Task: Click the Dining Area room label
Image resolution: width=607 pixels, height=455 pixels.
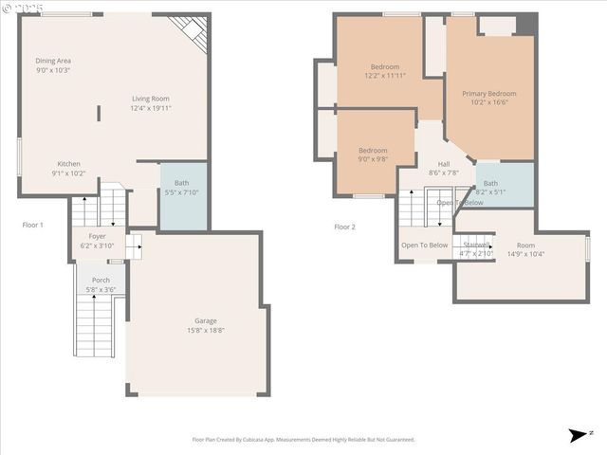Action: pos(53,61)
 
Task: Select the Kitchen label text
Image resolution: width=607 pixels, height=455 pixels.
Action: pos(68,163)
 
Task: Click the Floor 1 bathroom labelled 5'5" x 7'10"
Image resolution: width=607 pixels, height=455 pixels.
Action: pos(181,183)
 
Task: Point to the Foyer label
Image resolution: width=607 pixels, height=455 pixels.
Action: pos(98,236)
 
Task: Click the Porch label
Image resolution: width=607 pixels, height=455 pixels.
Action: pos(101,280)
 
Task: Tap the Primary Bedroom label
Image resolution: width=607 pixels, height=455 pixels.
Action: pos(489,94)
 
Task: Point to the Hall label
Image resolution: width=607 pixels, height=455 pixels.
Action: pos(444,164)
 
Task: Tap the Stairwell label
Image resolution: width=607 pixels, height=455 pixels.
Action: pos(477,245)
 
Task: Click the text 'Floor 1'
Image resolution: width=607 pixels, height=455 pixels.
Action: pos(33,225)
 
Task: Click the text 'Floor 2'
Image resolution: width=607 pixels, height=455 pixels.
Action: pos(344,227)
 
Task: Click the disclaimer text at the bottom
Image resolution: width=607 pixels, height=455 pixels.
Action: pos(303,439)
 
